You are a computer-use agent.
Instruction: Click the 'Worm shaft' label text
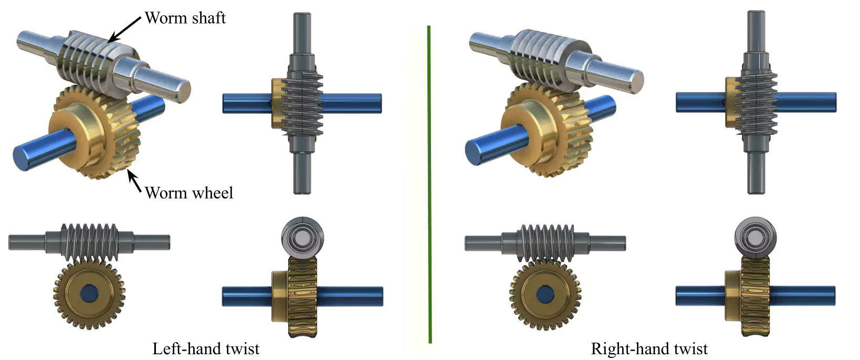click(185, 18)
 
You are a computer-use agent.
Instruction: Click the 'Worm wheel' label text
click(188, 193)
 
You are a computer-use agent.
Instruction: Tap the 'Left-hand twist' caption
click(206, 348)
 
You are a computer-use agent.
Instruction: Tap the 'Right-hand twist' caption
click(649, 348)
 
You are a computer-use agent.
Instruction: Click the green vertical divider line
click(429, 184)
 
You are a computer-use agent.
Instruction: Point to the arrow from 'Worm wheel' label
click(134, 181)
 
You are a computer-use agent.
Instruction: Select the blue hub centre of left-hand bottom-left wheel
click(89, 294)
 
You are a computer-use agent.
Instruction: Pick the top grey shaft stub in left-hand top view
click(302, 31)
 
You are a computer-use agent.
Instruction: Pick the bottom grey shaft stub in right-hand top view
click(755, 173)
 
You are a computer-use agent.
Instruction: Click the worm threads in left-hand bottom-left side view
click(89, 241)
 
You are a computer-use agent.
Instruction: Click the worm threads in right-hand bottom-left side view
click(546, 241)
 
